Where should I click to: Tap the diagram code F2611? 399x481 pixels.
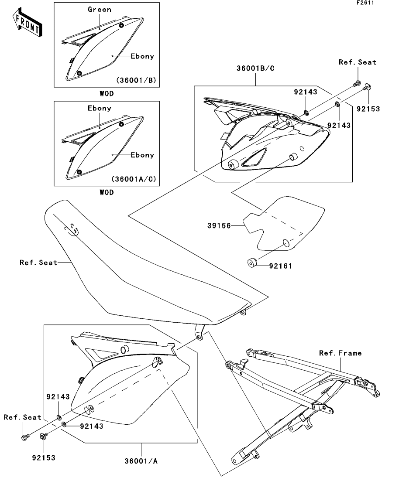click(x=365, y=3)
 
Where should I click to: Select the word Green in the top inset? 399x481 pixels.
click(x=100, y=10)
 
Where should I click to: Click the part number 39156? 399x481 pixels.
click(x=219, y=226)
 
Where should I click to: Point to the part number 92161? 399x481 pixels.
click(x=280, y=266)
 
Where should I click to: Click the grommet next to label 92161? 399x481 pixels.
click(x=252, y=263)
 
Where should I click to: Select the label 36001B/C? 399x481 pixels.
click(x=255, y=68)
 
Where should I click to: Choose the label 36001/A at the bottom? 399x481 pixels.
click(x=141, y=461)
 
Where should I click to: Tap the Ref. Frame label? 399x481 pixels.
click(x=341, y=353)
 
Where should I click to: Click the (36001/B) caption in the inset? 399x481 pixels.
click(x=136, y=80)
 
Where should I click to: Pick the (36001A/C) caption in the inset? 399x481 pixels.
click(x=134, y=179)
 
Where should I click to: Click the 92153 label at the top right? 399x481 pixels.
click(x=368, y=109)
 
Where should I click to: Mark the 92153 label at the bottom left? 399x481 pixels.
click(x=44, y=458)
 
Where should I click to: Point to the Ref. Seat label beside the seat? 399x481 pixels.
click(x=38, y=263)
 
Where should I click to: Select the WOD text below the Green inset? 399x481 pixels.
click(x=107, y=94)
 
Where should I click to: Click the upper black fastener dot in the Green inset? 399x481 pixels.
click(x=121, y=25)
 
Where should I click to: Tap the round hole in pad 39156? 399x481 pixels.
click(x=285, y=243)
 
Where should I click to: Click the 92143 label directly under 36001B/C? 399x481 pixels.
click(x=305, y=92)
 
